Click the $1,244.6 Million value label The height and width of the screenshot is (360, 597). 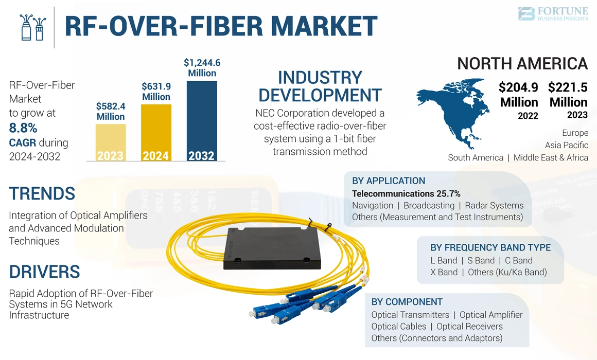coord(202,68)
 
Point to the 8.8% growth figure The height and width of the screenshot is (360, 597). coord(23,128)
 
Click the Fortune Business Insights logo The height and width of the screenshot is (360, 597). coord(552,14)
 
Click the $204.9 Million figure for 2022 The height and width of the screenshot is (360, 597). coord(519,95)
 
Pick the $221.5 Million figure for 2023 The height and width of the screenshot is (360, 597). coord(568,95)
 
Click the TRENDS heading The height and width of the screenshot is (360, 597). coord(42,194)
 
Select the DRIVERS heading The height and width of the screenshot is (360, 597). coord(44,272)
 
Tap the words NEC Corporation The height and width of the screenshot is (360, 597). coord(292,113)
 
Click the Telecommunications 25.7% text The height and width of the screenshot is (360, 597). coord(406,193)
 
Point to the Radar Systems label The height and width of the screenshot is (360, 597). coord(494,206)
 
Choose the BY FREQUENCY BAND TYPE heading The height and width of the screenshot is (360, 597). coord(490,247)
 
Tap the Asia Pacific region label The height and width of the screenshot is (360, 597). coord(566,145)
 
